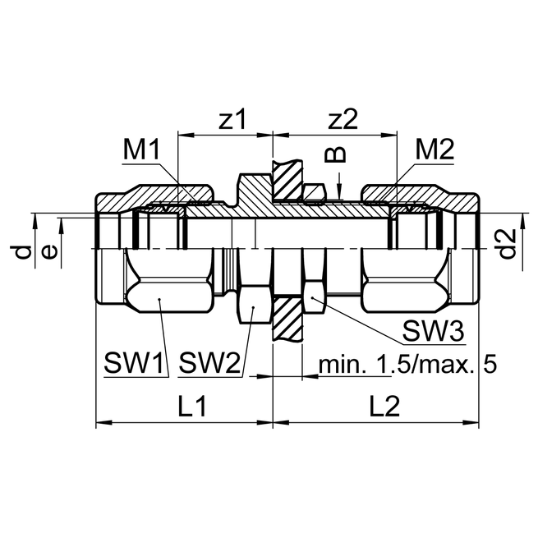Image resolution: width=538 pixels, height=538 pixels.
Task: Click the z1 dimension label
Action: pos(232,120)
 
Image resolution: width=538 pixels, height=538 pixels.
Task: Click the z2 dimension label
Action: pos(343,120)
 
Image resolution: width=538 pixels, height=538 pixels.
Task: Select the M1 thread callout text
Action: pos(140,150)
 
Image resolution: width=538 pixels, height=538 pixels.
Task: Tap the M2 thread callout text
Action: pos(435,150)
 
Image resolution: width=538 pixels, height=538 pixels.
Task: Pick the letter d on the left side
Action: pos(25,251)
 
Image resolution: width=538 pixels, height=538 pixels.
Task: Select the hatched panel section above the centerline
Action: pos(287,180)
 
